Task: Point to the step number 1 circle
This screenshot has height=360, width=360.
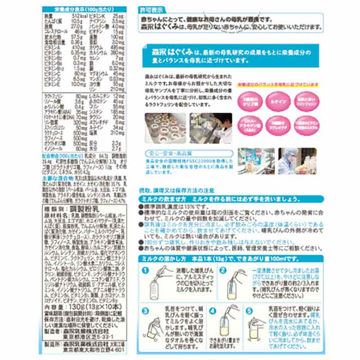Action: pos(145,271)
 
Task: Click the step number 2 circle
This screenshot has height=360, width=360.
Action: pos(222,271)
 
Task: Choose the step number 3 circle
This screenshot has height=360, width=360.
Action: pos(145,310)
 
